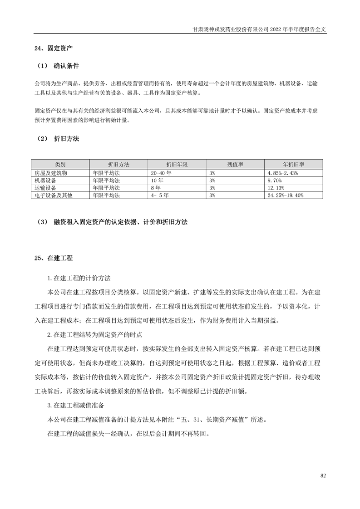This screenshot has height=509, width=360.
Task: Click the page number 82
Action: [323, 475]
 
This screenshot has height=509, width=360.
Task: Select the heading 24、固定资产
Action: [54, 48]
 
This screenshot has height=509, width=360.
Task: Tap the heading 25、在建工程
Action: [54, 258]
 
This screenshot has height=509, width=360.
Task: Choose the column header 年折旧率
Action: [293, 165]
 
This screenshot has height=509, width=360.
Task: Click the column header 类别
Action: [60, 165]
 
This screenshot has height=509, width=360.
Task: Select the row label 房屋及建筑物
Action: [51, 173]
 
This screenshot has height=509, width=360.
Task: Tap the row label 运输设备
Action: [45, 187]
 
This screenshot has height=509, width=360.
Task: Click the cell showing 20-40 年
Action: [162, 173]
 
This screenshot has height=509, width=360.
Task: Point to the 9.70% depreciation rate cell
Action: [276, 180]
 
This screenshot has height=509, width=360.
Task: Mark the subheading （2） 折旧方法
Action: [57, 139]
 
